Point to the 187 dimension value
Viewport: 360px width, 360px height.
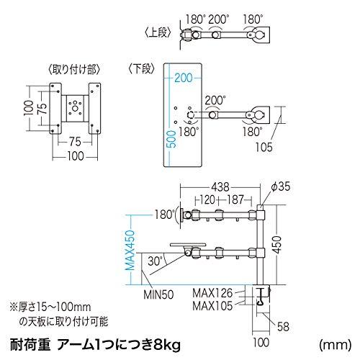[x=233, y=199]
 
